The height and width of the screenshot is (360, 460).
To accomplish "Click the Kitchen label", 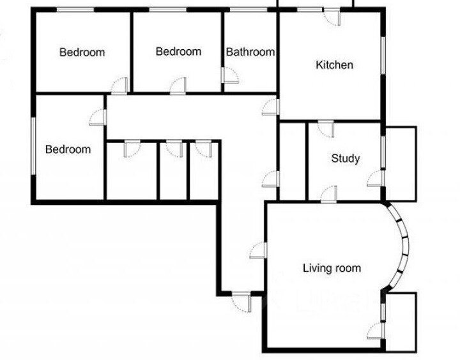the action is click(x=334, y=65).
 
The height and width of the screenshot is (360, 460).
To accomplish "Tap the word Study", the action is click(x=345, y=158).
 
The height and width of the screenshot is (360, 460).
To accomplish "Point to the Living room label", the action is click(x=332, y=268).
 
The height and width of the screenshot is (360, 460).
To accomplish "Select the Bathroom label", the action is click(x=250, y=52).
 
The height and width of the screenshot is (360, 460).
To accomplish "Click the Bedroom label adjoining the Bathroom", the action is click(x=178, y=51).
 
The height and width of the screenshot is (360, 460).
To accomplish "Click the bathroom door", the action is click(x=230, y=75).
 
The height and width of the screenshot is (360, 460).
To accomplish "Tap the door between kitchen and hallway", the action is click(x=270, y=107).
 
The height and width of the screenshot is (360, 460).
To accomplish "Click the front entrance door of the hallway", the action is click(x=241, y=302).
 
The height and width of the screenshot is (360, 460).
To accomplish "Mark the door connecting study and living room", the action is click(x=329, y=194).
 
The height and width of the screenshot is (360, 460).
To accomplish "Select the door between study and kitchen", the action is click(x=326, y=129).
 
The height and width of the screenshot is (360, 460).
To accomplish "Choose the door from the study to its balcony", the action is click(x=376, y=178).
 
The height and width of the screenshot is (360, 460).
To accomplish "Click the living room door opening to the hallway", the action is click(x=259, y=250).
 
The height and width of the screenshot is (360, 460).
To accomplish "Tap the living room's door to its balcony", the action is click(x=376, y=331).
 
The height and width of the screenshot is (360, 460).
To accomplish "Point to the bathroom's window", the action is click(x=248, y=10).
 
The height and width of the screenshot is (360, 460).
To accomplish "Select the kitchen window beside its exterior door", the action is click(x=310, y=10).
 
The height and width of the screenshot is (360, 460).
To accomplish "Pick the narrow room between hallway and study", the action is click(x=293, y=161).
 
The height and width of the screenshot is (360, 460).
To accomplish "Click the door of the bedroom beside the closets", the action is click(x=98, y=117).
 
